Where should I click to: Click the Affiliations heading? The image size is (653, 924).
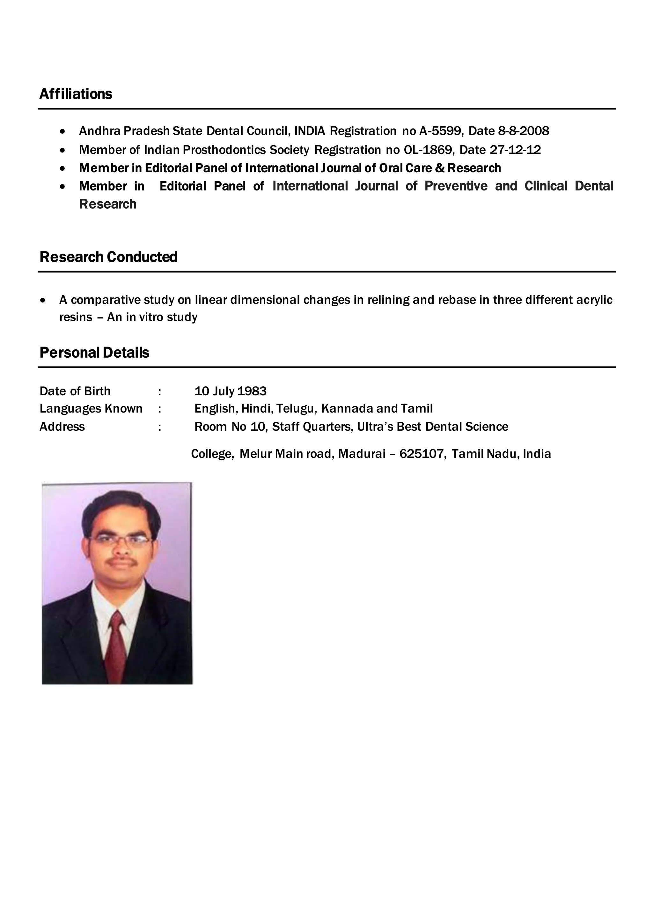(x=76, y=94)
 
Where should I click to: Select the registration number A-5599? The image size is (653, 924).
(x=440, y=131)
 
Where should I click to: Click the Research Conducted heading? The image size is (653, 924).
(x=108, y=257)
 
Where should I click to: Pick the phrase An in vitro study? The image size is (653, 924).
(x=152, y=317)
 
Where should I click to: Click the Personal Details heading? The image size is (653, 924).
(x=94, y=353)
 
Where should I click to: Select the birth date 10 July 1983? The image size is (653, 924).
(x=231, y=391)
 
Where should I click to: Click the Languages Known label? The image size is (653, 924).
(x=91, y=409)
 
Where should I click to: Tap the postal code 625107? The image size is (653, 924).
(x=422, y=454)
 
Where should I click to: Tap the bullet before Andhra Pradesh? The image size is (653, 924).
(x=62, y=131)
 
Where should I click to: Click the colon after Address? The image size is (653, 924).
(x=160, y=427)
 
